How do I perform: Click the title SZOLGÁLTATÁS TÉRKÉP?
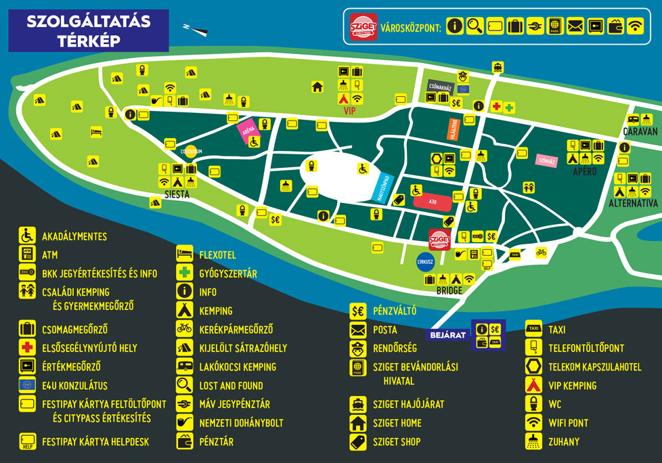point(88,30)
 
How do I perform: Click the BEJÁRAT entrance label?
point(447,334)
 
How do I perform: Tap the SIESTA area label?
point(177,194)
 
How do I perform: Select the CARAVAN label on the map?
point(640,131)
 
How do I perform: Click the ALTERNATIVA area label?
point(633,203)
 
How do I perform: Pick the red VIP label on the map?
point(349,111)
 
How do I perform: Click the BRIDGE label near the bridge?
point(449,290)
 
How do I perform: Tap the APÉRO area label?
point(585,172)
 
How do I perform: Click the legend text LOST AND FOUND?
point(231,385)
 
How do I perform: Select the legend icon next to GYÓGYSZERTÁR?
point(184,273)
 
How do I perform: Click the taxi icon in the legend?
point(533,330)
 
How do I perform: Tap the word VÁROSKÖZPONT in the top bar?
point(411,28)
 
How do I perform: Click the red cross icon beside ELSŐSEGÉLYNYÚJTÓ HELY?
point(27,347)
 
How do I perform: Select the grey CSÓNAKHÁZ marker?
point(439,86)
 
